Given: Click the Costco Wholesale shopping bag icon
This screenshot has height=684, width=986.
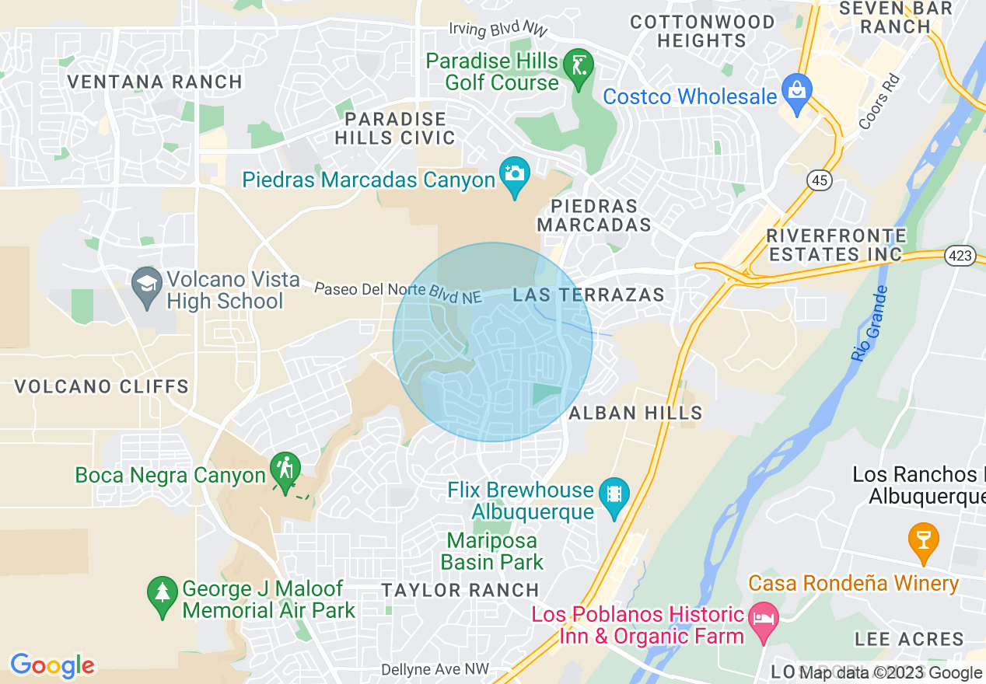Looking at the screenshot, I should click(x=796, y=88).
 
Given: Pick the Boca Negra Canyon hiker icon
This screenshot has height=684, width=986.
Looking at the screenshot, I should click(x=285, y=468).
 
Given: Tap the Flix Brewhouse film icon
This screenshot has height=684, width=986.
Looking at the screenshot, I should click(x=614, y=493).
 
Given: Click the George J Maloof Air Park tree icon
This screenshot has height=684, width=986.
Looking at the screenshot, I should click(x=162, y=593).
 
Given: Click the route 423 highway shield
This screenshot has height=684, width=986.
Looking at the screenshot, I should click(x=960, y=255).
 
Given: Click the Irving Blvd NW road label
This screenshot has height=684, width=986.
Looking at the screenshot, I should click(x=498, y=29).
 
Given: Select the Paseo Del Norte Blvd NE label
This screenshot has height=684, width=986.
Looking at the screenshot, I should click(x=398, y=292).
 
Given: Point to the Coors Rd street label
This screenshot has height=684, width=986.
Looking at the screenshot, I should click(x=879, y=102).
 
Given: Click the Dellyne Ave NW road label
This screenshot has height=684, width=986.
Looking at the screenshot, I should click(x=435, y=669).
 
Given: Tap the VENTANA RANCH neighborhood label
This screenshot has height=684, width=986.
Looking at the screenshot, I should click(x=155, y=82).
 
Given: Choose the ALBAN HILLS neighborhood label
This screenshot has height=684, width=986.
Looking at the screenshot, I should click(x=635, y=414).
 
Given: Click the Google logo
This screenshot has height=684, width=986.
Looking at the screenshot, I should click(x=53, y=665).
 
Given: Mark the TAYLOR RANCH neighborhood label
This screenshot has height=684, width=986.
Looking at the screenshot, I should click(x=460, y=590).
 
